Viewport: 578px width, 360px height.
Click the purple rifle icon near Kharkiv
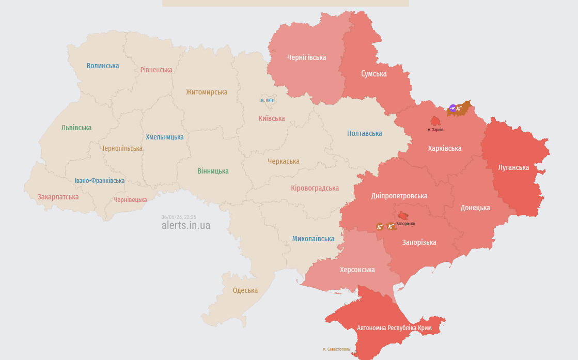tap(453, 108)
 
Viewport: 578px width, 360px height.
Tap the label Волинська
tap(103, 66)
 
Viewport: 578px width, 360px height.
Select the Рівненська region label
tap(157, 70)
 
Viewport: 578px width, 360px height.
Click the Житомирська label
tap(207, 92)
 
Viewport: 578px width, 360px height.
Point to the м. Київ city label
tap(267, 100)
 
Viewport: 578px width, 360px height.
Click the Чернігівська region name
tap(307, 57)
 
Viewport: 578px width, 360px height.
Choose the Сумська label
tap(373, 74)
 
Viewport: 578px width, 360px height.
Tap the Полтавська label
tap(365, 133)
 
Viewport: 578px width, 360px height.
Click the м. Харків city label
tap(435, 130)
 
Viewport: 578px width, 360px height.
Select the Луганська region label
tap(513, 167)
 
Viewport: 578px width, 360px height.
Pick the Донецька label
tap(475, 208)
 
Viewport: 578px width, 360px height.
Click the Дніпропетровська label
tap(399, 196)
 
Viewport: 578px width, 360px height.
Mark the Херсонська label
tap(357, 270)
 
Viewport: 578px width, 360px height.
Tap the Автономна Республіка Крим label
tap(394, 328)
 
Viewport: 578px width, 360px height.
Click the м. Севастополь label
tap(336, 349)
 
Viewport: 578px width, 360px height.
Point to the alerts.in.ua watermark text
tap(186, 225)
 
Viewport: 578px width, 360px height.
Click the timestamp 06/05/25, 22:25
tap(179, 217)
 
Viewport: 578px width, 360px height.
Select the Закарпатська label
tap(58, 197)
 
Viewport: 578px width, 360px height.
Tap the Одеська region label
tap(245, 290)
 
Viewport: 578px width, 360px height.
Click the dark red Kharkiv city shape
tap(435, 121)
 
